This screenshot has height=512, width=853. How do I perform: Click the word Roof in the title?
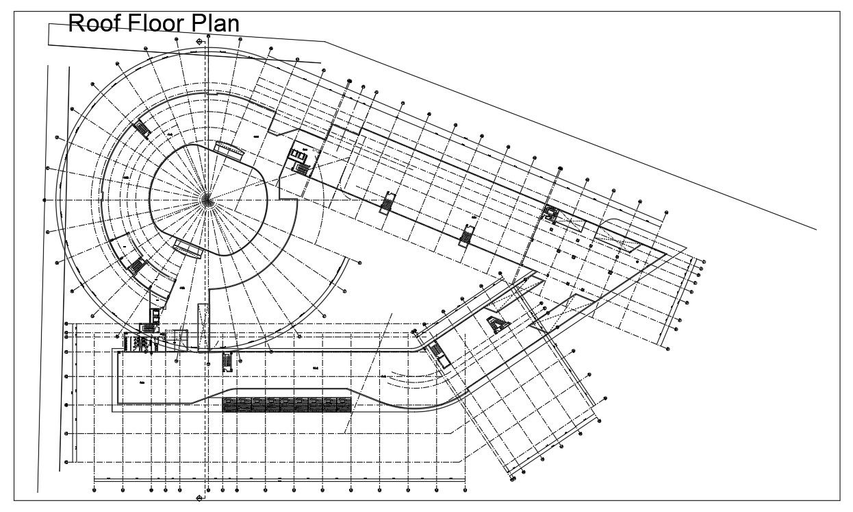click(95, 24)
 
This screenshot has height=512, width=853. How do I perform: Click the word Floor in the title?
click(155, 24)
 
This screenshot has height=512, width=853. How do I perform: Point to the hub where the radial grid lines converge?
click(207, 199)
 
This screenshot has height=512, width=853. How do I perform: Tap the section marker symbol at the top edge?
click(200, 42)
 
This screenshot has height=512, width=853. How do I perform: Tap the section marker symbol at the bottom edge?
click(200, 497)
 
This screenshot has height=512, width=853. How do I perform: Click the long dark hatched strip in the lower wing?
click(287, 404)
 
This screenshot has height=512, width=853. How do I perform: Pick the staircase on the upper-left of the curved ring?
click(142, 128)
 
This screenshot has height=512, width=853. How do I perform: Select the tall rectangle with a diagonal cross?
click(203, 327)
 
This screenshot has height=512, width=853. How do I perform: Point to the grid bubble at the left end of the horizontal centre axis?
click(45, 200)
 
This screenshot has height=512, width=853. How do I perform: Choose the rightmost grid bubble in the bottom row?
click(465, 489)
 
